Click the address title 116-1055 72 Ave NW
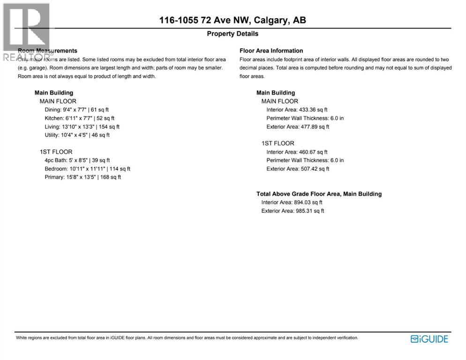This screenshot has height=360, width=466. (233, 20)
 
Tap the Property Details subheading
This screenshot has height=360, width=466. (233, 34)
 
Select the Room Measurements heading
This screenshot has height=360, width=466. (47, 51)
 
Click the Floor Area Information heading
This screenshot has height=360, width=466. (271, 51)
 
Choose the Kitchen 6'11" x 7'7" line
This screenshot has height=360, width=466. (79, 118)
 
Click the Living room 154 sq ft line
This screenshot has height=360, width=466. (82, 127)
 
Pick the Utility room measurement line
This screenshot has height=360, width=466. (77, 135)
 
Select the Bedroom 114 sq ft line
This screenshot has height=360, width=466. (87, 169)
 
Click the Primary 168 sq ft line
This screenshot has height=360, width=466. (83, 177)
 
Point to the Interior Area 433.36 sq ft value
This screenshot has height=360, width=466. (297, 110)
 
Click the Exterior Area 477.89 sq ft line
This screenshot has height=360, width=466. (298, 127)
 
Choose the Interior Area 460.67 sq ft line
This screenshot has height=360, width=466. (297, 152)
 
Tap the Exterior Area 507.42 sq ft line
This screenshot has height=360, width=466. (298, 169)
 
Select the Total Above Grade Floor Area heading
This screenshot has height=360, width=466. (319, 194)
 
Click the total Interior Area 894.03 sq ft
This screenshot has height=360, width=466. (292, 202)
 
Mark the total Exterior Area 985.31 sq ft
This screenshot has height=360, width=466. (293, 211)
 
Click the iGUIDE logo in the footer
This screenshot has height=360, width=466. (429, 339)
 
